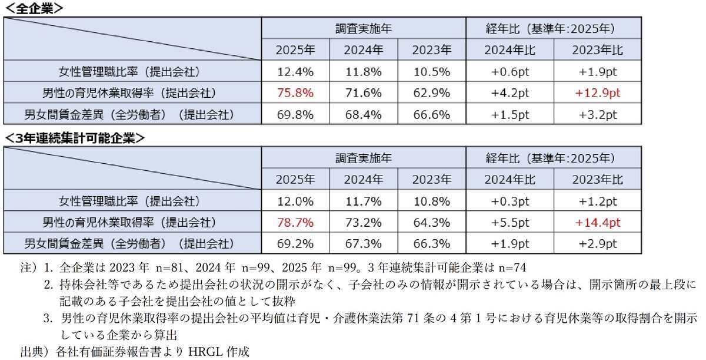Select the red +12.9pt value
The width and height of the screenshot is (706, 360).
(x=597, y=93)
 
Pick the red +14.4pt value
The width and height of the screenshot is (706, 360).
(x=597, y=223)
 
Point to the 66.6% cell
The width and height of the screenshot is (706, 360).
(x=431, y=114)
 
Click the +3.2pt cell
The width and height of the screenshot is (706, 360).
(x=597, y=114)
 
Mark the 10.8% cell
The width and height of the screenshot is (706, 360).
(x=431, y=202)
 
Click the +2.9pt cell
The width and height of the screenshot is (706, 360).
(x=597, y=243)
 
